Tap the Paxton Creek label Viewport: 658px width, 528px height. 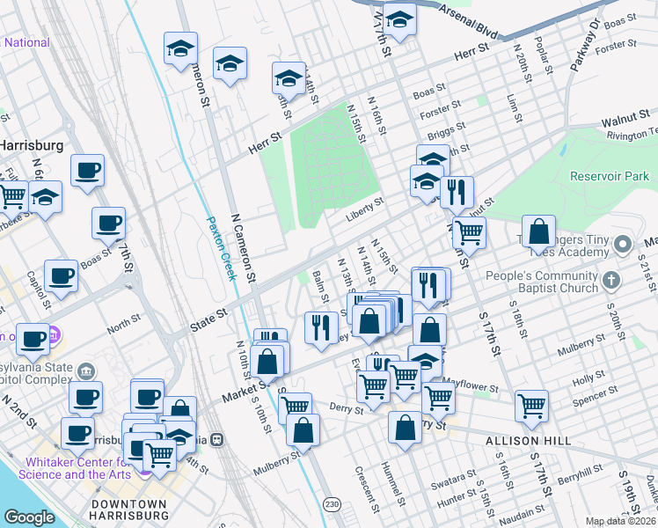point(222,248)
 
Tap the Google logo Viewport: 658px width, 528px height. point(29,517)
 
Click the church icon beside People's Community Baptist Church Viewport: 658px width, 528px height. point(613,281)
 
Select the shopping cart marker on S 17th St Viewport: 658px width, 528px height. point(531,406)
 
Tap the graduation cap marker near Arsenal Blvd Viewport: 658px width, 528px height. point(398,21)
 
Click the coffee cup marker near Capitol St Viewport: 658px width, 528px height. point(61,275)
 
